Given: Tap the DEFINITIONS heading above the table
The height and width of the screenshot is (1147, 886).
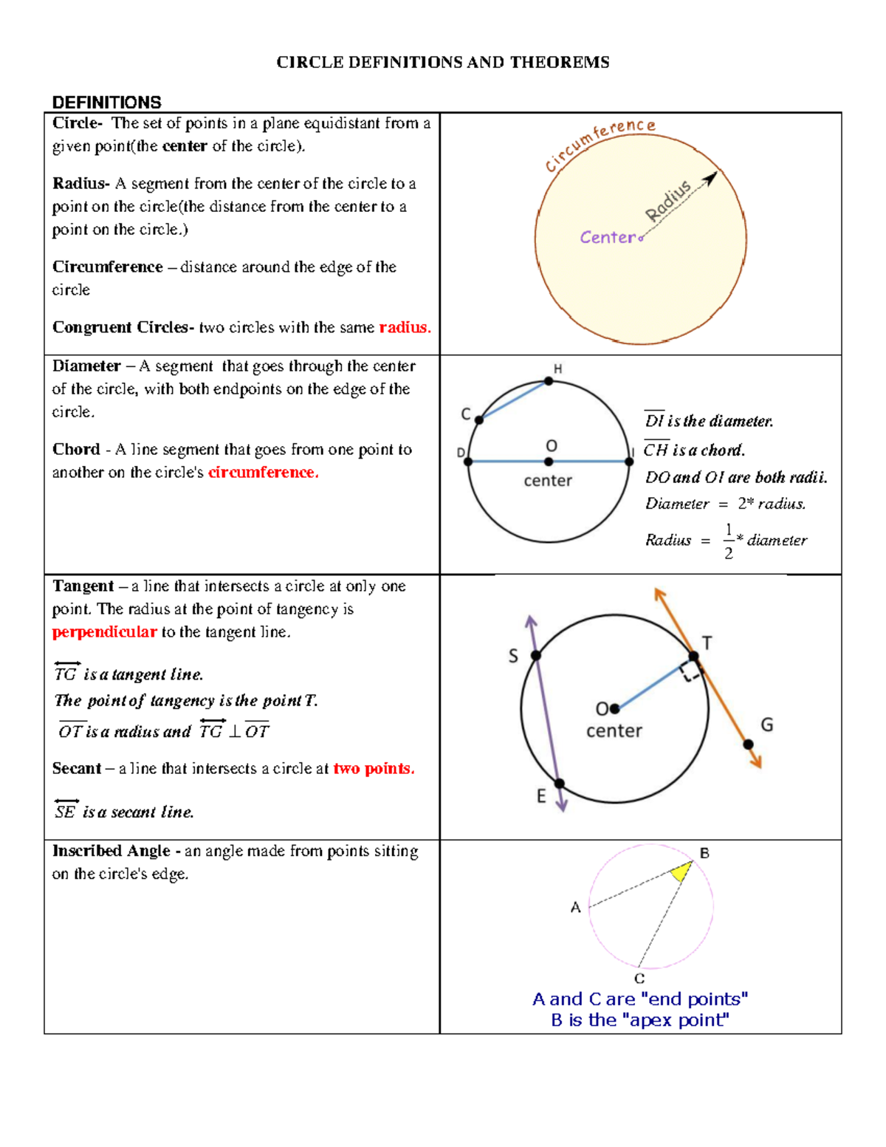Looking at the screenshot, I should [x=107, y=102].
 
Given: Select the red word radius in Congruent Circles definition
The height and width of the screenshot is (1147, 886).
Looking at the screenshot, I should [x=404, y=327].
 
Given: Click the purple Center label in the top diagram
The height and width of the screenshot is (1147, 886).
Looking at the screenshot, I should [x=607, y=237].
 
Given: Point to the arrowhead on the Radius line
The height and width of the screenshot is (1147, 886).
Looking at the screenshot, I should [x=710, y=178].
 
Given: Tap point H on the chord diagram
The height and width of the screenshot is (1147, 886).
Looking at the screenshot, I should [x=549, y=381].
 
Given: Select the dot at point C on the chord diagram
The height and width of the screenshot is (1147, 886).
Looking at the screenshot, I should [x=479, y=420].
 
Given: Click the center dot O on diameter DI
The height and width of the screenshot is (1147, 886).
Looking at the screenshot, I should [x=549, y=462].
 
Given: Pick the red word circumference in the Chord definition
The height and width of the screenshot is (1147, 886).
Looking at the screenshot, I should [x=263, y=473].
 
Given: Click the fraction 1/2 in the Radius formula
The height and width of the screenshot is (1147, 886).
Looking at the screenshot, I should [x=729, y=541].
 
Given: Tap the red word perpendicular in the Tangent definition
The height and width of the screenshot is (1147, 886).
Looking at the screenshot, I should [x=104, y=632].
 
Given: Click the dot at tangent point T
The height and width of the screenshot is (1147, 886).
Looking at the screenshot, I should [x=693, y=656].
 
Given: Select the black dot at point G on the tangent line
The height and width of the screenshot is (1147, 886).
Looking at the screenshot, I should [x=748, y=744].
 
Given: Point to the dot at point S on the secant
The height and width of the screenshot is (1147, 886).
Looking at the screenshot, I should [x=536, y=656].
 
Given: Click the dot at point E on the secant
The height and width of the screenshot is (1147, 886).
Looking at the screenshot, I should [x=559, y=784].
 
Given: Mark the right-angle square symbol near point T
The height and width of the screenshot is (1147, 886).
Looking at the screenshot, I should [x=690, y=671].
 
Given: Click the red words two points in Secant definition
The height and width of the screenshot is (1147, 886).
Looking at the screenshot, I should [x=373, y=769].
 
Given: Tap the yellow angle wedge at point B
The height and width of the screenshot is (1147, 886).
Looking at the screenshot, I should [x=681, y=872].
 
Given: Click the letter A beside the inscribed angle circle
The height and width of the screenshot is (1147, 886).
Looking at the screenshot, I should [x=576, y=908].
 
